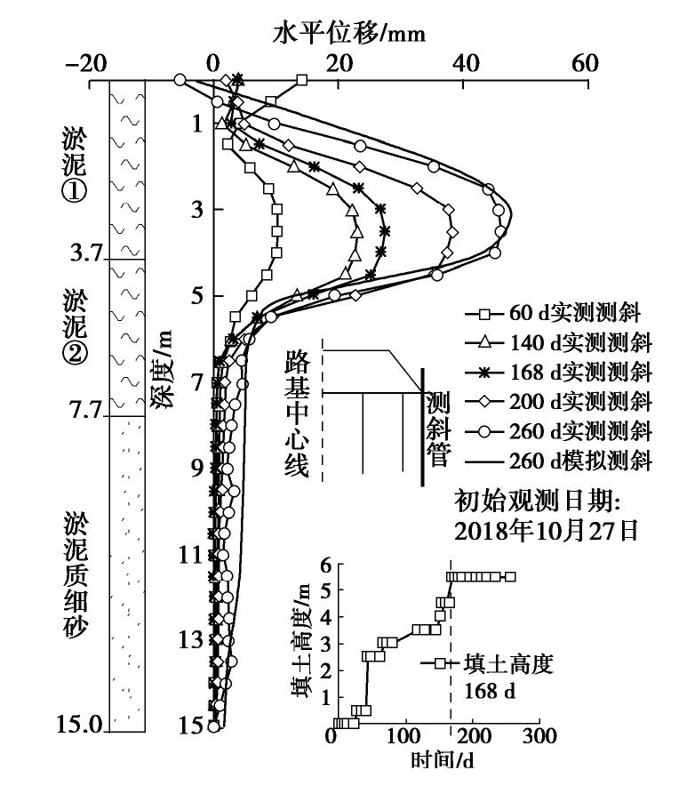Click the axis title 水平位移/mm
click(348, 34)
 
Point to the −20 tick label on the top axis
click(86, 64)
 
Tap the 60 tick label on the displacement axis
click(586, 64)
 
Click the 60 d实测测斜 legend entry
click(553, 314)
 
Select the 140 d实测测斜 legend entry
click(558, 342)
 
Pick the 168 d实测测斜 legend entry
click(558, 372)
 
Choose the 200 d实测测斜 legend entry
click(558, 401)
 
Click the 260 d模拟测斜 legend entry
click(558, 461)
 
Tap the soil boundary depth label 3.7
click(86, 252)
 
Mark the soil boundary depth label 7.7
click(86, 409)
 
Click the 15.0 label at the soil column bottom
click(79, 724)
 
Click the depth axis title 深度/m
click(162, 369)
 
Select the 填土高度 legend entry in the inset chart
click(488, 663)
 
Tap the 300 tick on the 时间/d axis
click(539, 735)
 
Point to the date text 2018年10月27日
click(547, 531)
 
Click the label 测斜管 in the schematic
click(438, 429)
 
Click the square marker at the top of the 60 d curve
click(302, 80)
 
